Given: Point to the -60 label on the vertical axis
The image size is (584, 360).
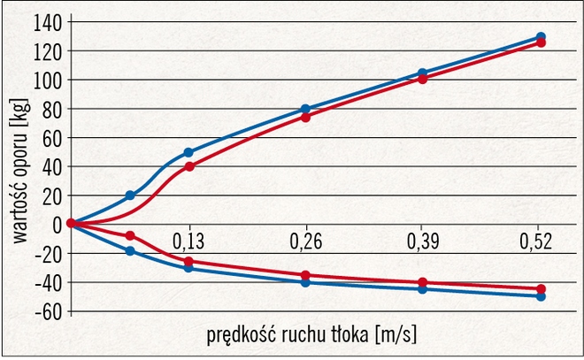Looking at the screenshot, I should tap(47, 311).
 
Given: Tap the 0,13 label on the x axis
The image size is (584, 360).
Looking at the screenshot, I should tap(188, 241).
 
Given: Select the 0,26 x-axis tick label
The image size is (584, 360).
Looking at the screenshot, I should tap(305, 241).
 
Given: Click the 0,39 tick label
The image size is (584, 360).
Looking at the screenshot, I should tap(422, 241).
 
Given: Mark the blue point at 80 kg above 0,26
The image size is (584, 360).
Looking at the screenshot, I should tap(305, 109).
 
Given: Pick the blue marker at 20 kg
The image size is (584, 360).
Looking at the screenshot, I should tap(130, 195).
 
